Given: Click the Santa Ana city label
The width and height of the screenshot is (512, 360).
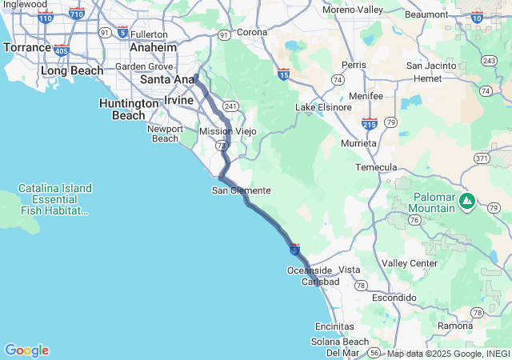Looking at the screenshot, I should pos(166,80).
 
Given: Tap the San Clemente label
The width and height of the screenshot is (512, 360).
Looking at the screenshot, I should pos(241,190).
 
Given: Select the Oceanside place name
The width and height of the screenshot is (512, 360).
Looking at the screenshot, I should pos(309,270).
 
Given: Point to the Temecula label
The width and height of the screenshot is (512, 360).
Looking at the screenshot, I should pos(377,167).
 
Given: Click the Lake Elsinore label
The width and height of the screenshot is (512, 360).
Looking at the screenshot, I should pos(323,107).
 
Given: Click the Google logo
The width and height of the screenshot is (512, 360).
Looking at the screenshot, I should pos(26,350).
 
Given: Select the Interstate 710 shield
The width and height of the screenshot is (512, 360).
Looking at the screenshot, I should pos(77,14).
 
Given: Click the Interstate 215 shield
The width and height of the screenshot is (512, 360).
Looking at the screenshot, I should pos(370,123).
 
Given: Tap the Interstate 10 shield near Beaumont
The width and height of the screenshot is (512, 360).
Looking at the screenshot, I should pos(478,17).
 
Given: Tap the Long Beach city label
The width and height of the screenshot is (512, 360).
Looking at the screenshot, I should pos(72,70).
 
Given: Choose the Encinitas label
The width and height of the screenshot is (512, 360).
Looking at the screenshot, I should pos(334,326).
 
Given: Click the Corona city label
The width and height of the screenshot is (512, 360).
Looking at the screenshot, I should pos(252,32).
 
